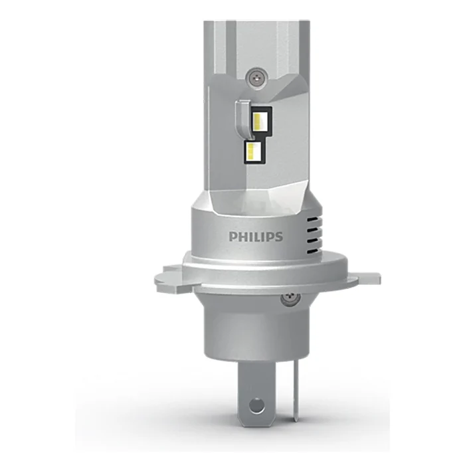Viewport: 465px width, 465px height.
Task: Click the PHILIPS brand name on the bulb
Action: tap(256, 236)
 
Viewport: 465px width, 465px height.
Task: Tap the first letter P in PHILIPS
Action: tap(232, 236)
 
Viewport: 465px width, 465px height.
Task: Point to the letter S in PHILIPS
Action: tap(279, 236)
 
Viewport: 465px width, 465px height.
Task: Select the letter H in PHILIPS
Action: tap(242, 236)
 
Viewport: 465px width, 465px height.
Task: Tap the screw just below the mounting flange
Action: tap(290, 298)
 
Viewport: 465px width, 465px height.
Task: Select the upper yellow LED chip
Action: tap(260, 121)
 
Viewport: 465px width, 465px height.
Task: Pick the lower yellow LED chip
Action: tap(252, 151)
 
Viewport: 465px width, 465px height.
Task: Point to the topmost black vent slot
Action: tap(314, 221)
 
